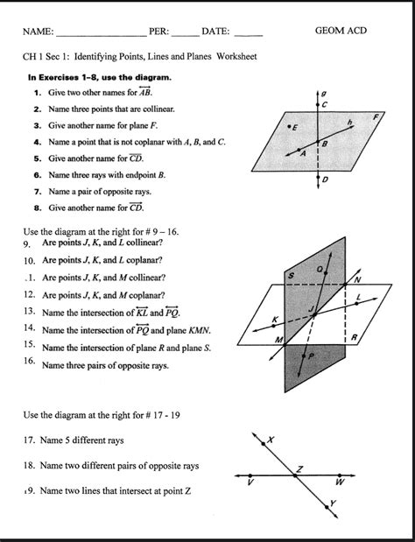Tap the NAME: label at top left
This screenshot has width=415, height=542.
tap(39, 32)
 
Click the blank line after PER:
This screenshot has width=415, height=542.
tap(185, 33)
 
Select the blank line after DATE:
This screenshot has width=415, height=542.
tap(249, 33)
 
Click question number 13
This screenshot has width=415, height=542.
tap(29, 311)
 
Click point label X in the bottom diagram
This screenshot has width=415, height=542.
tap(271, 439)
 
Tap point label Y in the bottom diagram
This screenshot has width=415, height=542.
tap(333, 503)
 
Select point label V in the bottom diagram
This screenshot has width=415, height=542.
tap(251, 482)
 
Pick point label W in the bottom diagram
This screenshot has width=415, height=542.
tap(339, 482)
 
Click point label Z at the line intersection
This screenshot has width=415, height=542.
tap(299, 469)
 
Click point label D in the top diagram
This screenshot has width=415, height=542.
tap(326, 180)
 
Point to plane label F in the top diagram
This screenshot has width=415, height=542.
tap(376, 116)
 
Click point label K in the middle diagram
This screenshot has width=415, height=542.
tap(275, 320)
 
